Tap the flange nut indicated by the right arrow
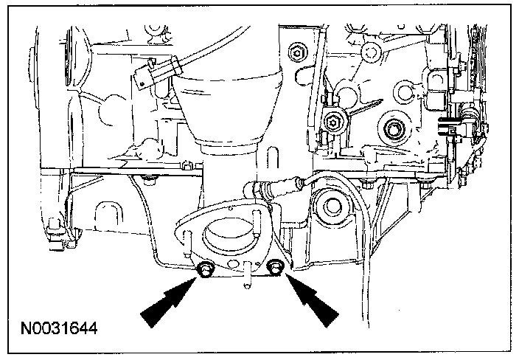click(x=276, y=268)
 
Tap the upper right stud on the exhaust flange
click(x=258, y=216)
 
